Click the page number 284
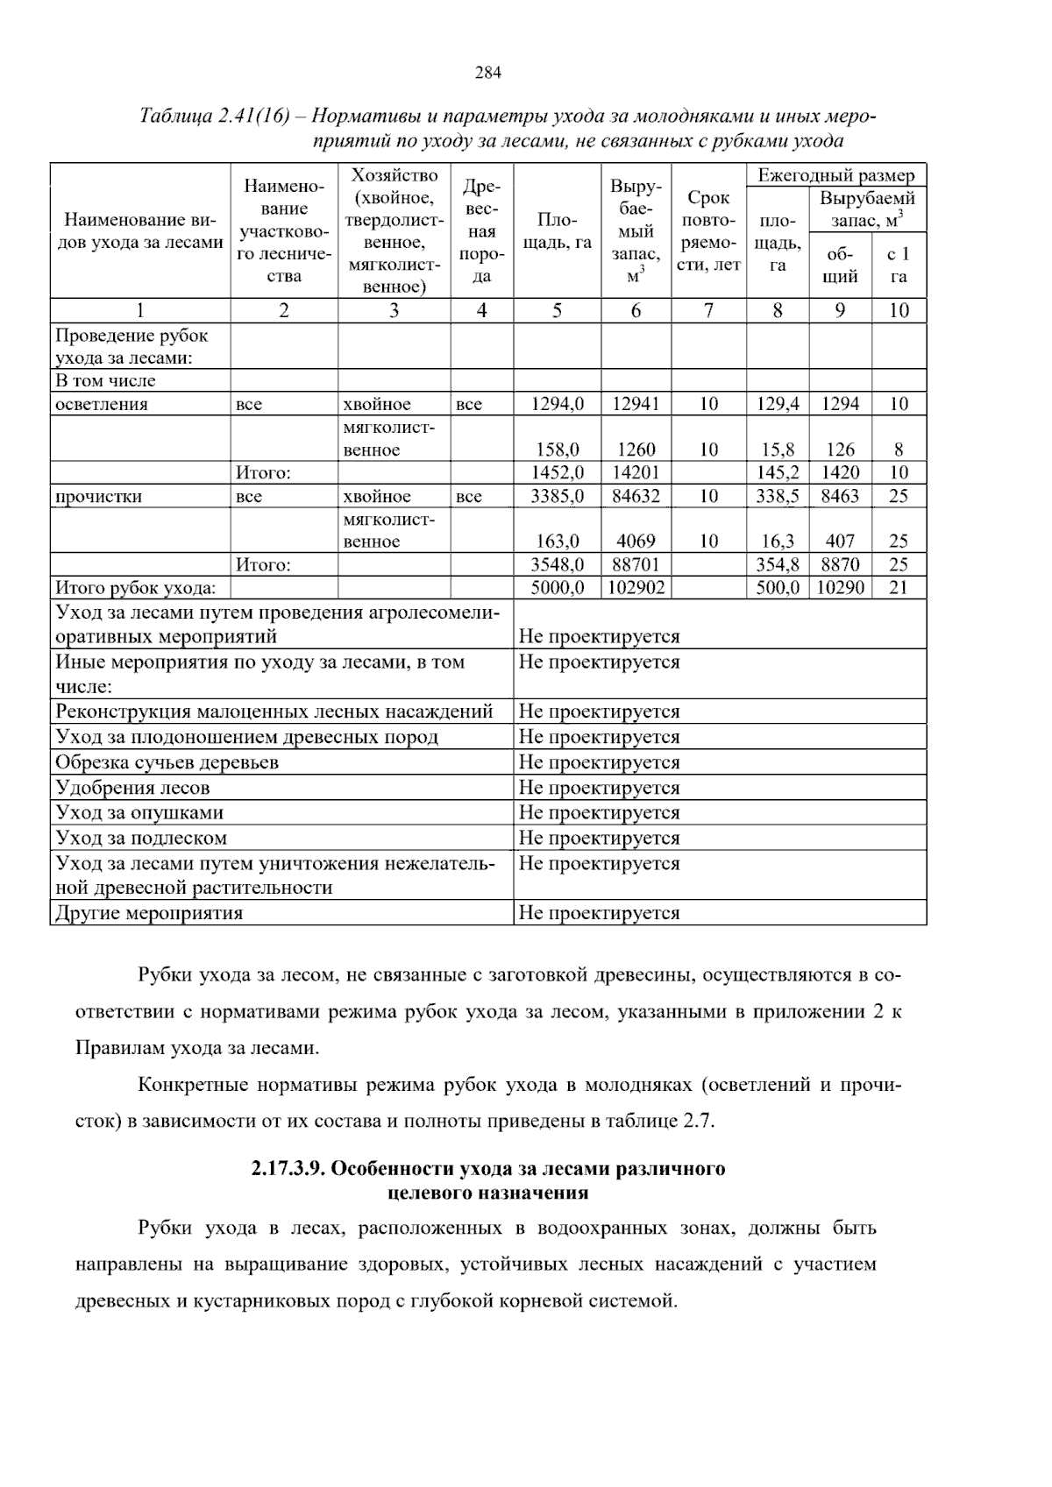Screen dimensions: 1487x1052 488,74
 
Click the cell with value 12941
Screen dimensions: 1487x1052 636,404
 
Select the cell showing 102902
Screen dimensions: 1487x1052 636,588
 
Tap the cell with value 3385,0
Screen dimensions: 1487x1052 558,496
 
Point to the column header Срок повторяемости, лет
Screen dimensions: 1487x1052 708,231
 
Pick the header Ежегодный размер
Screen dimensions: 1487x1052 835,175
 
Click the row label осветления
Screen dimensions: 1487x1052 102,404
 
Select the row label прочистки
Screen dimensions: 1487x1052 99,497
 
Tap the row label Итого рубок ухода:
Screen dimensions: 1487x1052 136,588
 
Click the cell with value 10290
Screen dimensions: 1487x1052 840,588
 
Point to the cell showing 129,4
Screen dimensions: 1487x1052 778,404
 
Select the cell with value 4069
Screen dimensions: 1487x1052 636,542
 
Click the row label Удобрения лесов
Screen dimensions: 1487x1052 132,788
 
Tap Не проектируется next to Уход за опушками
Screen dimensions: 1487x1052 599,813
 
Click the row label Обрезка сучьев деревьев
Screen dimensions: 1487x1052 167,762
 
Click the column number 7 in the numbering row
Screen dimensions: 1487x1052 708,310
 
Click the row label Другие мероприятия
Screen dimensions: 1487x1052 149,913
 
